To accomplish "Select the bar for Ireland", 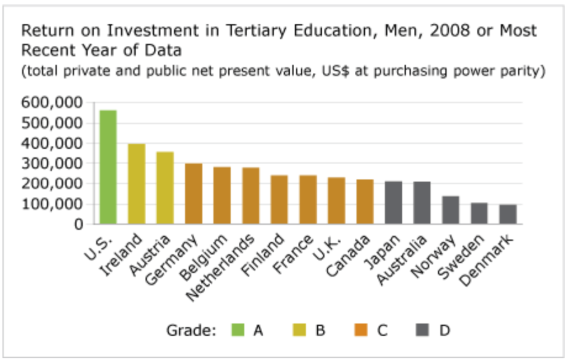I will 136,184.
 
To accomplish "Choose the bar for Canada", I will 365,201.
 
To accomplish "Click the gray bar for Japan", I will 393,202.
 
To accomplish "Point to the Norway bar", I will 450,209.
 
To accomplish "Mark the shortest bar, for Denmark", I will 508,214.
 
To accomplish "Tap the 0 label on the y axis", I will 78,224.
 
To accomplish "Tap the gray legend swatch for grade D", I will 423,330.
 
